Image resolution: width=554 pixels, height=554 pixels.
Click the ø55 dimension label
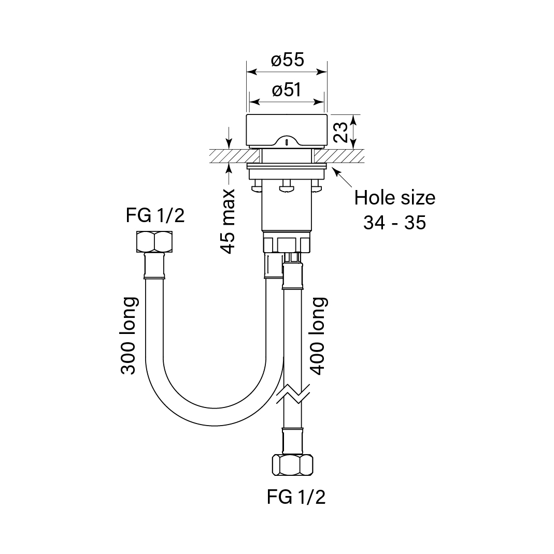287,61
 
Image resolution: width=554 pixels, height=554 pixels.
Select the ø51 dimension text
287,91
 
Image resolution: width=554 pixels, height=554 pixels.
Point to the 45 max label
228,221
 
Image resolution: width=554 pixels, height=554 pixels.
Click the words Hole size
394,198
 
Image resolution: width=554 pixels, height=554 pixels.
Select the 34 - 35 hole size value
394,222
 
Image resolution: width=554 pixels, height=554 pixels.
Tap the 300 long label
129,336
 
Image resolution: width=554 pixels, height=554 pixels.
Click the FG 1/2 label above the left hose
155,215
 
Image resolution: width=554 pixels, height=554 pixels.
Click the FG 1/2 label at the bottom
296,497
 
